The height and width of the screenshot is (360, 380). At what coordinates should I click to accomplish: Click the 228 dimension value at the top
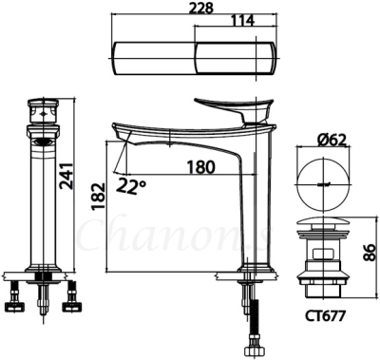click(197, 9)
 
